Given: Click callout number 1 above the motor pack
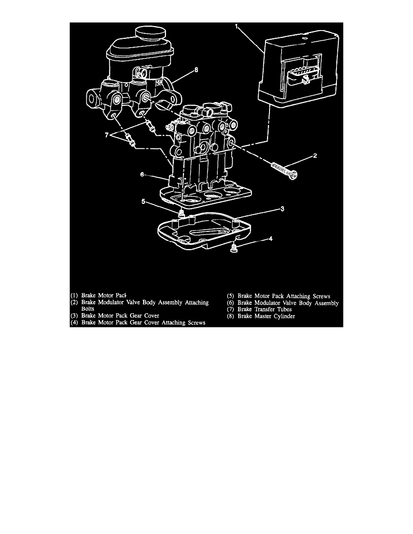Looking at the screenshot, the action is pyautogui.click(x=237, y=26).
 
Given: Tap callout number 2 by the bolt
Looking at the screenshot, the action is pyautogui.click(x=315, y=156).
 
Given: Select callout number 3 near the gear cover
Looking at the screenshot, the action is pyautogui.click(x=283, y=209).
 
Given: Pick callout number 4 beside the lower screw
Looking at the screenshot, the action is pyautogui.click(x=271, y=239).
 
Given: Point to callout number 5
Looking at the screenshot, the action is pyautogui.click(x=144, y=202).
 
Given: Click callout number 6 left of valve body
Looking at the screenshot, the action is pyautogui.click(x=142, y=174).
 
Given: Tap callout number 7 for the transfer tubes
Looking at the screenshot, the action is pyautogui.click(x=107, y=135).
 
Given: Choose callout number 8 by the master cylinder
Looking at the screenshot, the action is pyautogui.click(x=196, y=70).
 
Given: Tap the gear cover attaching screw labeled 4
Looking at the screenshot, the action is pyautogui.click(x=233, y=248).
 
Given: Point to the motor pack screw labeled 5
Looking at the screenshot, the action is pyautogui.click(x=181, y=214).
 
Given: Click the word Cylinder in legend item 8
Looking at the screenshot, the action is pyautogui.click(x=283, y=316).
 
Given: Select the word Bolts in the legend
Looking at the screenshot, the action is pyautogui.click(x=88, y=309).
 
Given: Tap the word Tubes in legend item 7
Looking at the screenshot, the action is pyautogui.click(x=284, y=309).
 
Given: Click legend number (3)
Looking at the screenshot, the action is pyautogui.click(x=74, y=316).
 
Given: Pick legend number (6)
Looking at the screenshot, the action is pyautogui.click(x=231, y=303).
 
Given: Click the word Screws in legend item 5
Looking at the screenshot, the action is pyautogui.click(x=321, y=296).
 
